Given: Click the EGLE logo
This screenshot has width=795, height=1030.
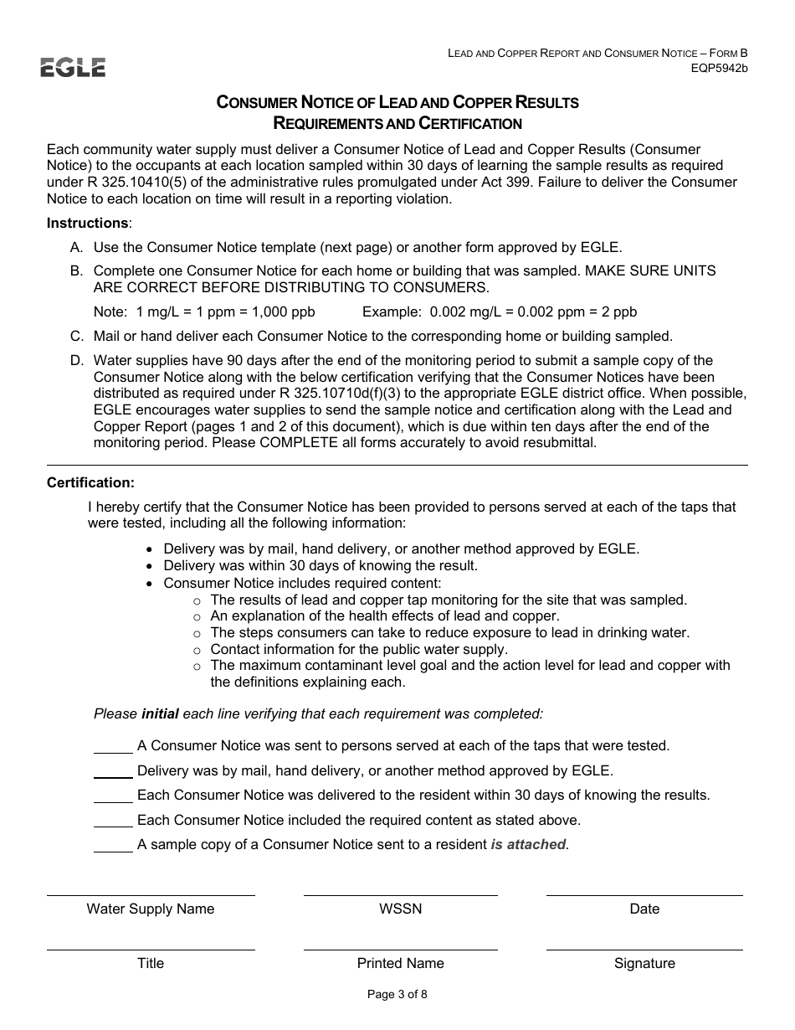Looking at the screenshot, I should [x=73, y=67].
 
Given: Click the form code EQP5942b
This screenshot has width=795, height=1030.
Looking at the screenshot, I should [x=719, y=68].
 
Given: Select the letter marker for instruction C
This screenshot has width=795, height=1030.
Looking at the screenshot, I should [x=76, y=337].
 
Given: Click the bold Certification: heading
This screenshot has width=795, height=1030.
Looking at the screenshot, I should [x=90, y=482].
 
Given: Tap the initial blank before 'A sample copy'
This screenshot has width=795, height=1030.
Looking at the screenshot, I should [x=113, y=846].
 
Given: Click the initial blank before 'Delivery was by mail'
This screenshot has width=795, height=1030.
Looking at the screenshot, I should [x=113, y=771].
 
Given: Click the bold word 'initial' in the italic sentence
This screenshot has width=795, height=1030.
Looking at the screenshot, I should [x=160, y=713].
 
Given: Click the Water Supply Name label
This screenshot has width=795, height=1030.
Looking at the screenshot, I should [x=151, y=909].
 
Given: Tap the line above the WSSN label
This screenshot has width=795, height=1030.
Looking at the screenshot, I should [x=400, y=895].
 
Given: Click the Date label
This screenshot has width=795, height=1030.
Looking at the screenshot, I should [x=644, y=909].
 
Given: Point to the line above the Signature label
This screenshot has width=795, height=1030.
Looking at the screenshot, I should [x=644, y=950].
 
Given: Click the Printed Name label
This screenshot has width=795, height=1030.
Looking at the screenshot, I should [x=400, y=963].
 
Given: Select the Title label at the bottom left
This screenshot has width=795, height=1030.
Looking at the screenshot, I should [x=151, y=963].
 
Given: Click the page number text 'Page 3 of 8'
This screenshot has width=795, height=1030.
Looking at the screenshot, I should [x=397, y=995].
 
